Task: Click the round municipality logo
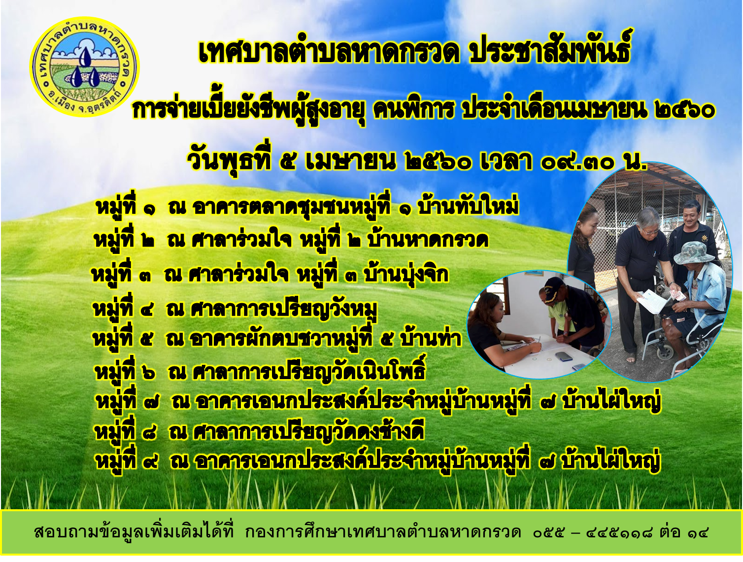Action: point(85,67)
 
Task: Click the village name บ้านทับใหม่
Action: point(469,206)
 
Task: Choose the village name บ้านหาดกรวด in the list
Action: point(428,241)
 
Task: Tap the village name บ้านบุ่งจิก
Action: point(405,274)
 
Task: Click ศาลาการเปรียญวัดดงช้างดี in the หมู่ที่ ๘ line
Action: point(308,432)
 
